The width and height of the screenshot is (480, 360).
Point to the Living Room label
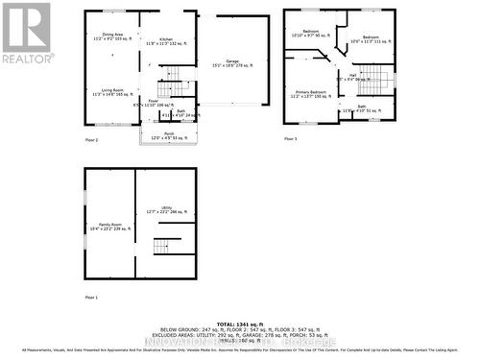(110, 92)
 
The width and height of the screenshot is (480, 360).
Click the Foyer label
(153, 102)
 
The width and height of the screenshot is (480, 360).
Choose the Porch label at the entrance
(169, 136)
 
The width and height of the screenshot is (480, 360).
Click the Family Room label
(108, 228)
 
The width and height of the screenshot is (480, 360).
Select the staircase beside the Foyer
(171, 78)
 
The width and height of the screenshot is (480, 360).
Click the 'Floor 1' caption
(91, 298)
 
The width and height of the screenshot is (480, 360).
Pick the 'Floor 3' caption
(291, 139)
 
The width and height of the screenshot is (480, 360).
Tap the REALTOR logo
(27, 33)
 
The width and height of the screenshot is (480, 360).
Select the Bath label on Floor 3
(361, 108)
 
